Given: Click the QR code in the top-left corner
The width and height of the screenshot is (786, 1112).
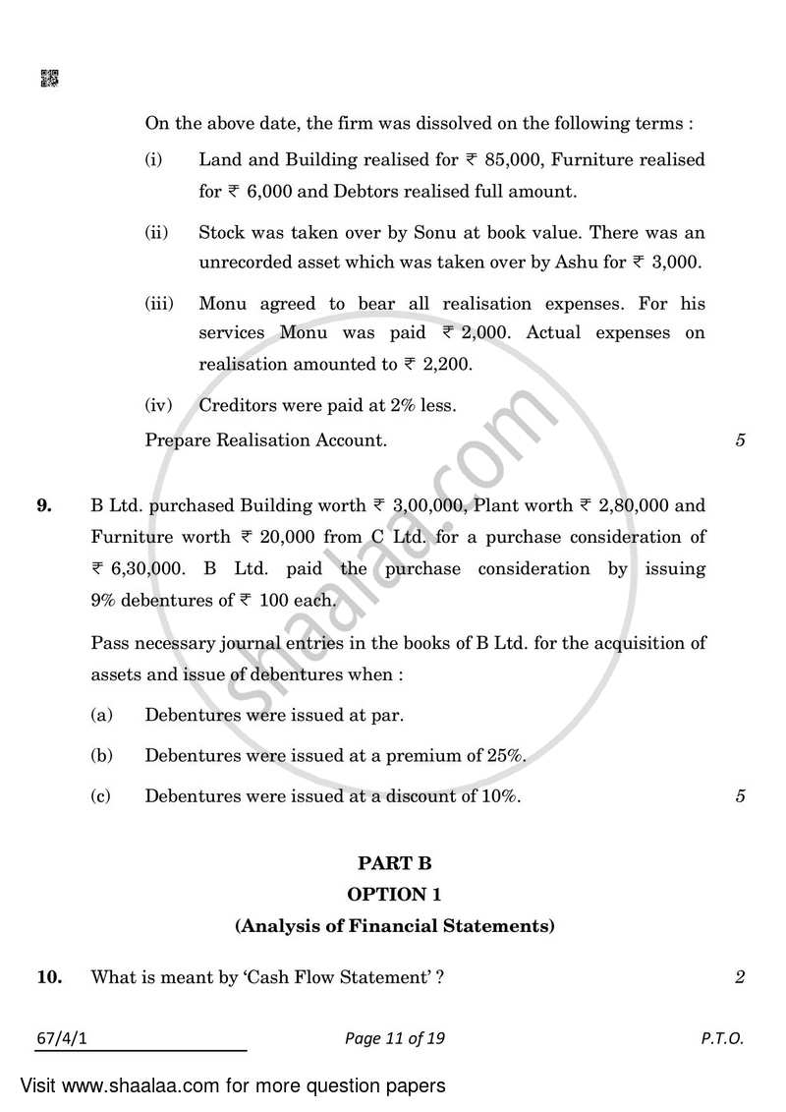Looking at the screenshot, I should pos(49,79).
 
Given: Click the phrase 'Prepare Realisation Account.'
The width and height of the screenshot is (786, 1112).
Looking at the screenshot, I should pos(265,440).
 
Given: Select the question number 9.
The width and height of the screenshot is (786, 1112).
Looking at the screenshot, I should pos(44,505).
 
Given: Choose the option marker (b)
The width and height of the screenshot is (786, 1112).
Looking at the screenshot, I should pos(100,756).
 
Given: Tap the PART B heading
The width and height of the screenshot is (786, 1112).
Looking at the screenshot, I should pos(394,863).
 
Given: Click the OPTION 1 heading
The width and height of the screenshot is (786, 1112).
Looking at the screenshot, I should pos(394,894).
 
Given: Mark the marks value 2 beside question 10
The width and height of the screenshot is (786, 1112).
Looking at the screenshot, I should pos(739,976).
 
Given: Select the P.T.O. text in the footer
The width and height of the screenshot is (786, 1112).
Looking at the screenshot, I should pos(722,1037).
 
